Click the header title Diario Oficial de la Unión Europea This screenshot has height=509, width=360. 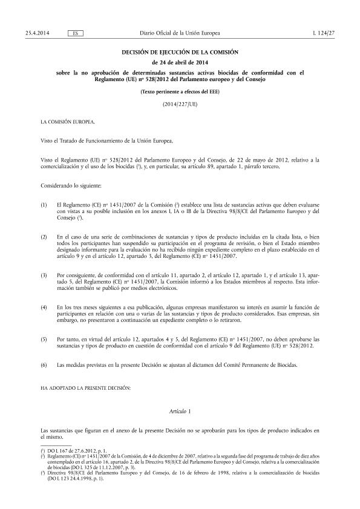point(180,31)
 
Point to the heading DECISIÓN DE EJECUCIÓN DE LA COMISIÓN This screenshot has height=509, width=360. point(180,53)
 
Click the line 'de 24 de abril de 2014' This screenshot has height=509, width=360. point(180,63)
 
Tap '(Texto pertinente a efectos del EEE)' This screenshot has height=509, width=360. point(180,93)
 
